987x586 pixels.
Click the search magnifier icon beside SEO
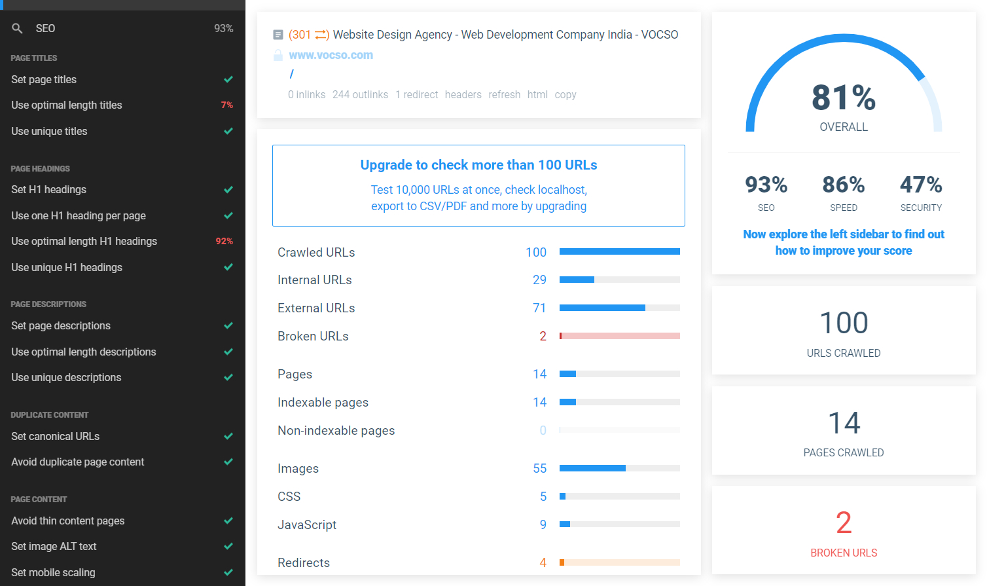click(x=17, y=28)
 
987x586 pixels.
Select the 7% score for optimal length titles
click(x=226, y=105)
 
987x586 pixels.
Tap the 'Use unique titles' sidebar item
click(x=49, y=131)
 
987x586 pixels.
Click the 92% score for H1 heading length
click(x=224, y=241)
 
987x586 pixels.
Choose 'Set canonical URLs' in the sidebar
click(x=56, y=436)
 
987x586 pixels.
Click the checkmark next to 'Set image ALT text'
click(x=228, y=546)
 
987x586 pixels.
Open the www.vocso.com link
click(x=331, y=55)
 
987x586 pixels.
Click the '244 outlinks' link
click(x=360, y=94)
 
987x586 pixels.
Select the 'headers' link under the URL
click(x=463, y=94)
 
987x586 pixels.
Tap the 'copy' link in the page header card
click(x=565, y=94)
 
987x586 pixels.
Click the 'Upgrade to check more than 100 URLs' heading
click(x=478, y=165)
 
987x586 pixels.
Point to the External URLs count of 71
click(x=539, y=308)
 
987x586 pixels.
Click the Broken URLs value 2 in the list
click(x=543, y=336)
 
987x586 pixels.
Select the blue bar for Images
click(x=592, y=468)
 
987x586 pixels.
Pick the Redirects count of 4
click(x=543, y=562)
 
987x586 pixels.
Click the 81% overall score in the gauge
click(x=844, y=98)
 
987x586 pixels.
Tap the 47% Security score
click(x=921, y=185)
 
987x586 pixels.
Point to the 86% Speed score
click(x=844, y=185)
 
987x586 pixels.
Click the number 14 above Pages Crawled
click(x=844, y=423)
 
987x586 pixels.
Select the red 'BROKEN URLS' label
click(x=844, y=553)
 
